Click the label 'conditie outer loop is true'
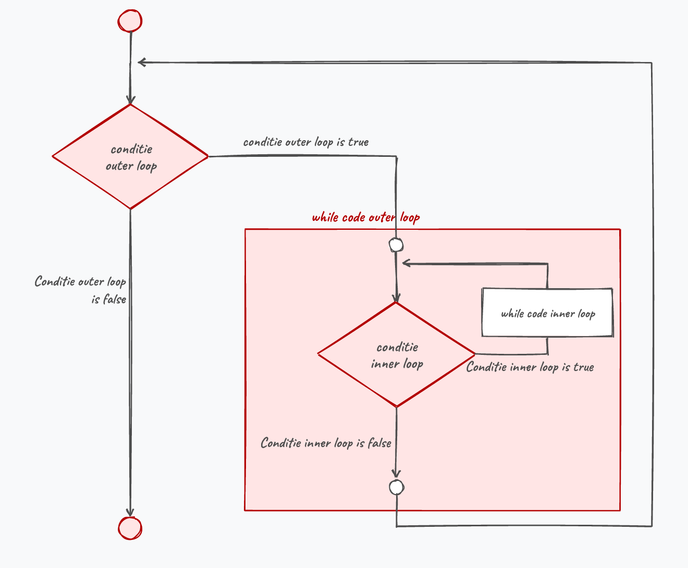coord(306,142)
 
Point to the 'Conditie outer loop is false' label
coord(80,290)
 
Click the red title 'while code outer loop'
coord(366,218)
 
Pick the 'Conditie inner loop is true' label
coord(530,367)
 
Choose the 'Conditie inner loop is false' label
coord(326,443)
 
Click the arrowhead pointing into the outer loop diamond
coord(130,100)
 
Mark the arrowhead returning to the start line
coord(142,62)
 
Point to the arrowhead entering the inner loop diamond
coord(397,298)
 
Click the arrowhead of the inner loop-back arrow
coord(406,263)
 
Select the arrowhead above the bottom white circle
coord(397,474)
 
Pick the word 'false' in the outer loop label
coord(115,300)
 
